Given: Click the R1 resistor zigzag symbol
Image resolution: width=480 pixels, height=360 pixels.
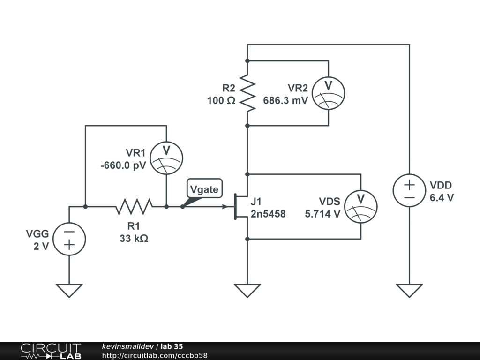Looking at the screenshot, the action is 134,207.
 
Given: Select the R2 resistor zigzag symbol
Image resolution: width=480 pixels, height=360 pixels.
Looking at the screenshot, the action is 247,93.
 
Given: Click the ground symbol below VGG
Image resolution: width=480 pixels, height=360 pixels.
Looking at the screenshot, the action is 69,290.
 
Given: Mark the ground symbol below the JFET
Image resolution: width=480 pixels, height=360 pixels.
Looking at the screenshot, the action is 247,290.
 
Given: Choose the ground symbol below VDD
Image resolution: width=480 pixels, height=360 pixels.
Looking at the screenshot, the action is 409,290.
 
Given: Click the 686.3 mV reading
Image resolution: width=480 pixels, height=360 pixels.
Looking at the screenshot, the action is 285,100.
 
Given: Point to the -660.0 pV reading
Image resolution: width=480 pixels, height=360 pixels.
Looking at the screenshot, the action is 123,165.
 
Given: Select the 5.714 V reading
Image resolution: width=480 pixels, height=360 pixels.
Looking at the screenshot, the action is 322,214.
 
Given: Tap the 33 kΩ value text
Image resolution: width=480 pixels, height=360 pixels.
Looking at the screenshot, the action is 134,238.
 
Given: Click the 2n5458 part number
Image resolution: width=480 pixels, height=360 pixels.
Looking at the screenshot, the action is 268,214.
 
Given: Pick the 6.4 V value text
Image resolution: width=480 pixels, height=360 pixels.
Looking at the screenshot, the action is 442,198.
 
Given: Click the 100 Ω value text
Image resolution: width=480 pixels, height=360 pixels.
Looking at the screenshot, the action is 221,100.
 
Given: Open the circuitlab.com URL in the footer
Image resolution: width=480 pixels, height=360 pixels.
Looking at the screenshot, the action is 155,355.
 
